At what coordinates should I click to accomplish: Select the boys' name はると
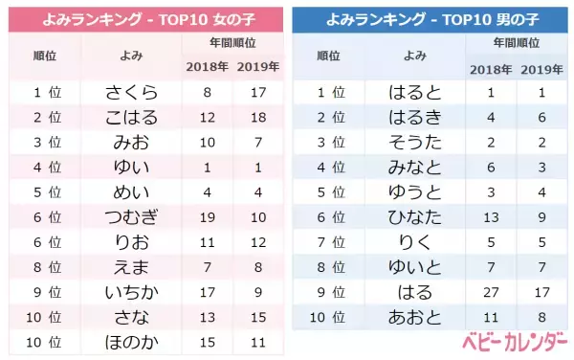416,93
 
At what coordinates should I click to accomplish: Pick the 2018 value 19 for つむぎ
208,217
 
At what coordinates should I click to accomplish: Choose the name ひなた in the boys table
416,217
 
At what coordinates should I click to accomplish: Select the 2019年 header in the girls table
256,66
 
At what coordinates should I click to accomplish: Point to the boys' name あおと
416,317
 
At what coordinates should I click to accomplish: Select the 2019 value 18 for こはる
256,118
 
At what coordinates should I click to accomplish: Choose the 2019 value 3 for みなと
541,168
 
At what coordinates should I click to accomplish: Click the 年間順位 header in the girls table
232,43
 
